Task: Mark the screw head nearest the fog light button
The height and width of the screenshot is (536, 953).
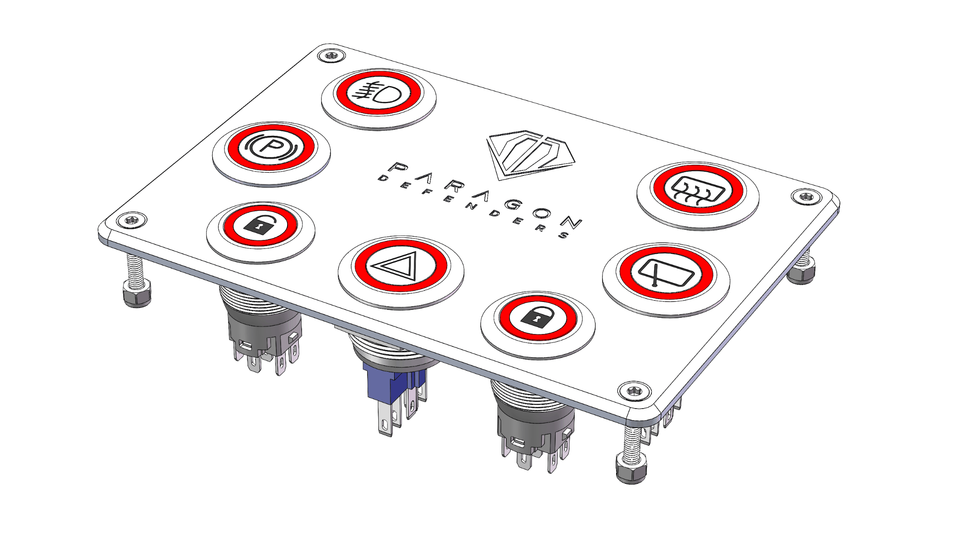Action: click(x=332, y=55)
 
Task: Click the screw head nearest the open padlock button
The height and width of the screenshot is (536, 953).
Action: click(x=132, y=220)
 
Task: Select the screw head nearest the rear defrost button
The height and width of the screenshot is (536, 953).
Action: click(x=805, y=196)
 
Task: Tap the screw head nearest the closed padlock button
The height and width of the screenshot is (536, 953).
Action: click(x=634, y=391)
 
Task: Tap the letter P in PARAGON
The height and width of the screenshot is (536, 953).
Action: click(x=399, y=168)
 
